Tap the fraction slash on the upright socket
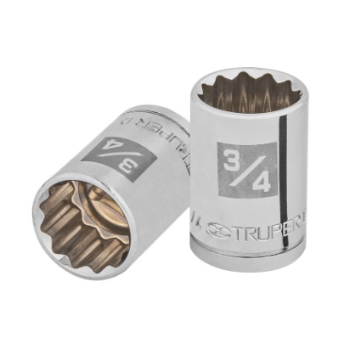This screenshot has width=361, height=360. coord(242,170)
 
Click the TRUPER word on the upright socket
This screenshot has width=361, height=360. coord(262,228)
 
